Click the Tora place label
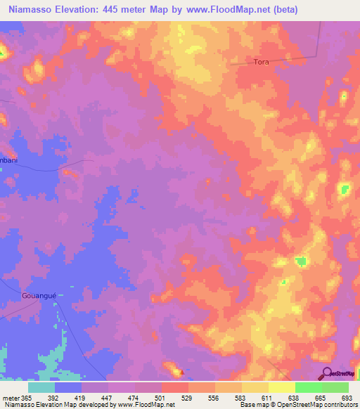coord(261,62)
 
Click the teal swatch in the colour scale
coord(41,387)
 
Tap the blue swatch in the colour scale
coord(68,387)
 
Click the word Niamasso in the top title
coord(31,10)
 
